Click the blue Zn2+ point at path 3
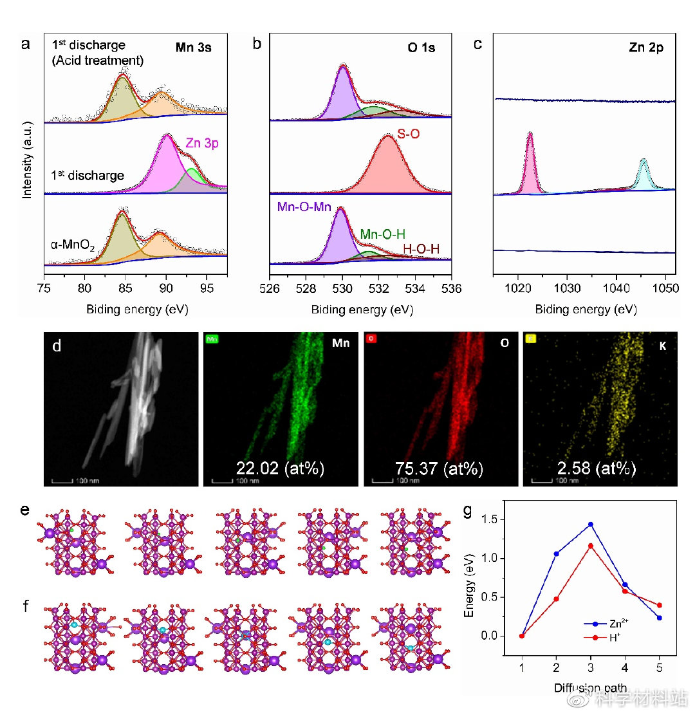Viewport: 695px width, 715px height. tap(591, 525)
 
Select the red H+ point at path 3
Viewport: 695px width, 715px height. tap(591, 546)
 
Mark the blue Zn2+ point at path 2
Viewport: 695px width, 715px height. tap(556, 553)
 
